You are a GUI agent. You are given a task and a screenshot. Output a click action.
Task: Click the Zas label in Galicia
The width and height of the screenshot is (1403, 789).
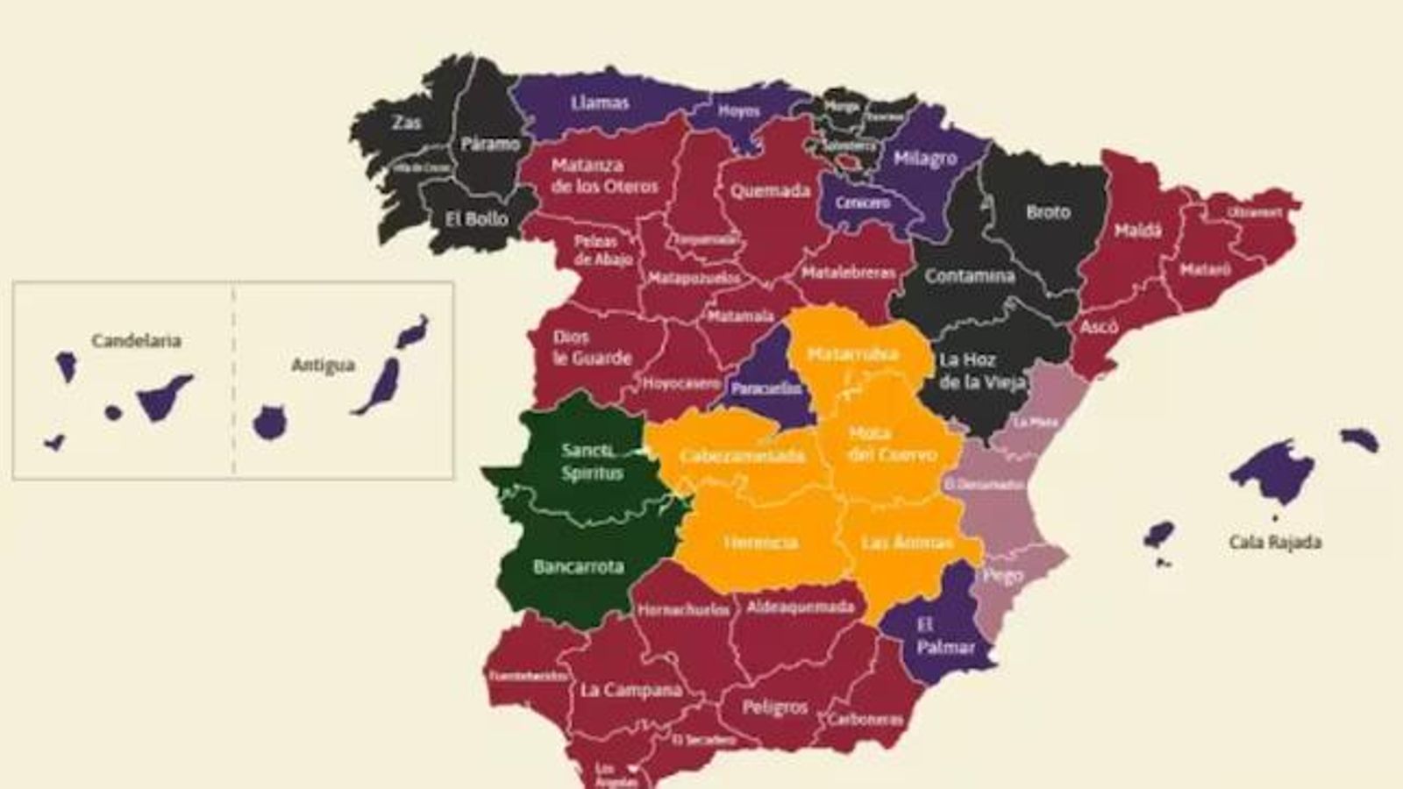(x=406, y=122)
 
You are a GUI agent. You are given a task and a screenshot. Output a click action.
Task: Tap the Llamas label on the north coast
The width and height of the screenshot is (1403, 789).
(x=600, y=103)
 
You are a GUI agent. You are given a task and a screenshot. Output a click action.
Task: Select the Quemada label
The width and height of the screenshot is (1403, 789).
(x=770, y=190)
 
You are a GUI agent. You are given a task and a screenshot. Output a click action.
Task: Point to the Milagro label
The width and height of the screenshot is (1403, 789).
(x=925, y=159)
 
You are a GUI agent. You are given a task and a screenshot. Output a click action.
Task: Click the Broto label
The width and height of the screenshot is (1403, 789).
(x=1048, y=212)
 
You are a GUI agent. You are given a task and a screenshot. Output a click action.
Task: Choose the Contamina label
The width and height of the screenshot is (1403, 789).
(x=969, y=276)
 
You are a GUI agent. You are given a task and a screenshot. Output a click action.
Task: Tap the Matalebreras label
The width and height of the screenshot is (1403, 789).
(x=848, y=273)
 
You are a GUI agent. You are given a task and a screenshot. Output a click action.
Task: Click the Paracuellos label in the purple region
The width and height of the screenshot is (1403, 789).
(x=766, y=388)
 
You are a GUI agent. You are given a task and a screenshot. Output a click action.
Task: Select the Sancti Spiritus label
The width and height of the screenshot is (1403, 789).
(x=592, y=462)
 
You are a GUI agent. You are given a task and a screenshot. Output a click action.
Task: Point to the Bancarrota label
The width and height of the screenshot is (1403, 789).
(x=578, y=567)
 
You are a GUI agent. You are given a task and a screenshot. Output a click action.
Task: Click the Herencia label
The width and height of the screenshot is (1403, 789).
(x=760, y=543)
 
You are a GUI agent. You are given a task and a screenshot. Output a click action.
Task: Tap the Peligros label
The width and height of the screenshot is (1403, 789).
(x=774, y=707)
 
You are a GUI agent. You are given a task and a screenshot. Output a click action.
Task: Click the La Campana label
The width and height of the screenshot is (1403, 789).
(x=630, y=690)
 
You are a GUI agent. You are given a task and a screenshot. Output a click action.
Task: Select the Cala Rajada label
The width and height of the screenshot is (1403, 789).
(x=1274, y=543)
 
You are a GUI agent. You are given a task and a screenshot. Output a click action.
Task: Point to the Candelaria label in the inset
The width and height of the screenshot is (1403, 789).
(x=136, y=340)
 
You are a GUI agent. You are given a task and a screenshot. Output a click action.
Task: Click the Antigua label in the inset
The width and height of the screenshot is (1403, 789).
(x=323, y=365)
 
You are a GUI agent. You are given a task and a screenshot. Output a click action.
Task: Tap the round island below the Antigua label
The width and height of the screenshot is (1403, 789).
(x=269, y=423)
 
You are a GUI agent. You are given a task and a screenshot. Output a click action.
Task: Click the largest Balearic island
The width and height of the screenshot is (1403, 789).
(x=1272, y=471)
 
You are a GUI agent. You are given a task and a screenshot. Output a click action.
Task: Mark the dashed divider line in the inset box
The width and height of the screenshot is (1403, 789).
(x=233, y=380)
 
